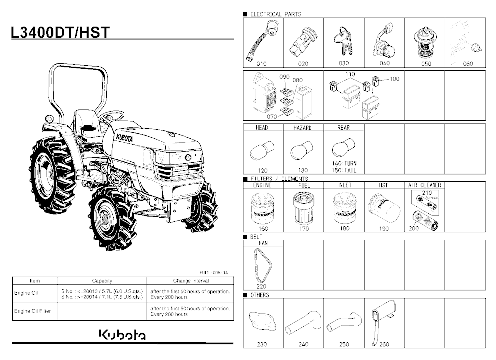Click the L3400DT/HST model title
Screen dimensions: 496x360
pyautogui.click(x=61, y=32)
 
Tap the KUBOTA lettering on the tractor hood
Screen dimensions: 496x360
pyautogui.click(x=124, y=138)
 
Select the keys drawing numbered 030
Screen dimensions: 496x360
pyautogui.click(x=343, y=41)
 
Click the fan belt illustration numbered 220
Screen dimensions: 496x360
pyautogui.click(x=263, y=265)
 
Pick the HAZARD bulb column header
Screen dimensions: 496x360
pyautogui.click(x=303, y=128)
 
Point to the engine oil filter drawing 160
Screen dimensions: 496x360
pyautogui.click(x=262, y=208)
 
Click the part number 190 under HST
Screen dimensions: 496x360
pyautogui.click(x=384, y=229)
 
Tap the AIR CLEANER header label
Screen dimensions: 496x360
pyautogui.click(x=425, y=185)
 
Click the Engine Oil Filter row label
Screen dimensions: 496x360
pyautogui.click(x=32, y=311)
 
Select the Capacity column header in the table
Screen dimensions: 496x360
pyautogui.click(x=102, y=281)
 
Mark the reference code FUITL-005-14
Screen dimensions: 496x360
pyautogui.click(x=213, y=272)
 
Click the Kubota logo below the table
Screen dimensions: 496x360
pyautogui.click(x=123, y=335)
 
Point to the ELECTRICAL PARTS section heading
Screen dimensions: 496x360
pyautogui.click(x=275, y=14)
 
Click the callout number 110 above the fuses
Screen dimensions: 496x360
pyautogui.click(x=350, y=74)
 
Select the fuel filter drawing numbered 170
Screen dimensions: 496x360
pyautogui.click(x=304, y=208)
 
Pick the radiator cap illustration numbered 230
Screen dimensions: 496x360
pyautogui.click(x=262, y=322)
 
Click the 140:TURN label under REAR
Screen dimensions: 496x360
pyautogui.click(x=344, y=163)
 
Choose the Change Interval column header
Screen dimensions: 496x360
pyautogui.click(x=191, y=281)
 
